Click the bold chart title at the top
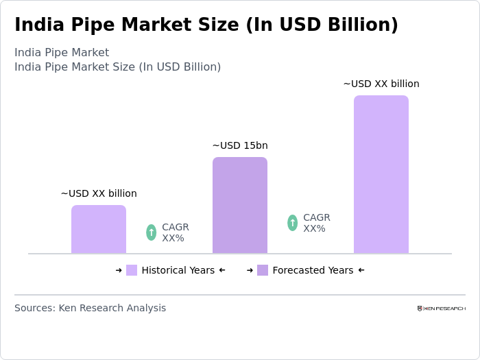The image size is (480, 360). pyautogui.click(x=206, y=25)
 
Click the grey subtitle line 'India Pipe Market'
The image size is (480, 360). pyautogui.click(x=62, y=53)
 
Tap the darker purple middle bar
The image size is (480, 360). pyautogui.click(x=240, y=205)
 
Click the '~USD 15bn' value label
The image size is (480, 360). pyautogui.click(x=240, y=145)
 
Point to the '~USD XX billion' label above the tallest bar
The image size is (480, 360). pyautogui.click(x=381, y=84)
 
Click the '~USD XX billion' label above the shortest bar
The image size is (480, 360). pyautogui.click(x=99, y=193)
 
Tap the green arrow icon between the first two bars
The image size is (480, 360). pyautogui.click(x=152, y=232)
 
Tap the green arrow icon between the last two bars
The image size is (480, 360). pyautogui.click(x=293, y=223)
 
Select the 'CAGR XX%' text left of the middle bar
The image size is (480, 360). pyautogui.click(x=175, y=232)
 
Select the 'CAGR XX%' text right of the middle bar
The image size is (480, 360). pyautogui.click(x=316, y=223)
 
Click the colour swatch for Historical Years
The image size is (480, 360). pyautogui.click(x=132, y=270)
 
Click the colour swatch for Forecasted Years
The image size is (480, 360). pyautogui.click(x=263, y=270)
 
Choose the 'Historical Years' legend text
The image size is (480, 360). pyautogui.click(x=178, y=270)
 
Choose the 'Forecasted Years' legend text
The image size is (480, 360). pyautogui.click(x=313, y=270)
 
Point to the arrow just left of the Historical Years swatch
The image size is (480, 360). pyautogui.click(x=119, y=270)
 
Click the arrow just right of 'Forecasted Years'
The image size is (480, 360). pyautogui.click(x=361, y=270)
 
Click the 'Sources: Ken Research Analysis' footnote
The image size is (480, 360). pyautogui.click(x=90, y=308)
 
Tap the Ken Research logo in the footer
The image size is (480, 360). pyautogui.click(x=441, y=309)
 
